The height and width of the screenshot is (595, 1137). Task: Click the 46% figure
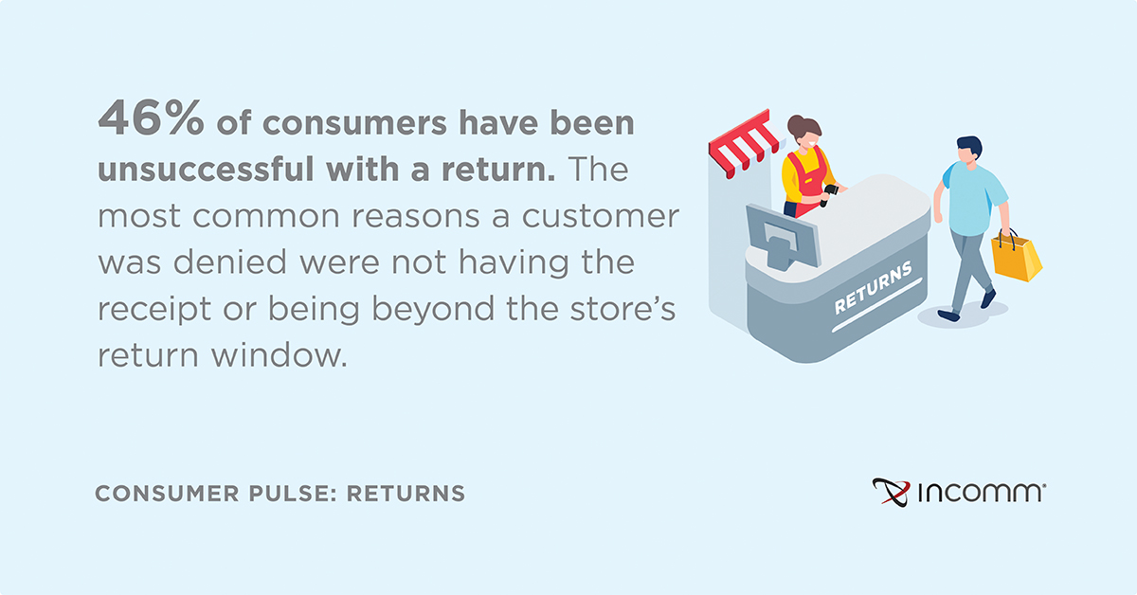click(x=151, y=117)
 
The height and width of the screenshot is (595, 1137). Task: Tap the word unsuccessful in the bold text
click(x=206, y=169)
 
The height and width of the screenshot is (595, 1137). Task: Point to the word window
click(x=280, y=354)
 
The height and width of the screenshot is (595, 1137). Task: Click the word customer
click(x=601, y=217)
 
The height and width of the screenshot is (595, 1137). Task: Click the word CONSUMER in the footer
click(x=167, y=494)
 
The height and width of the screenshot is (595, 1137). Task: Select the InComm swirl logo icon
click(x=892, y=493)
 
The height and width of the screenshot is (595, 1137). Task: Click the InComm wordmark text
click(x=982, y=493)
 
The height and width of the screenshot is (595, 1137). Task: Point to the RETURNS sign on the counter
click(x=873, y=287)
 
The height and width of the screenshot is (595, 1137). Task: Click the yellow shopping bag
click(x=1017, y=257)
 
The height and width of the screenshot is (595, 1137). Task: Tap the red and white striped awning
click(x=744, y=143)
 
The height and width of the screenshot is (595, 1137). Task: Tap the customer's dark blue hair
click(x=970, y=146)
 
